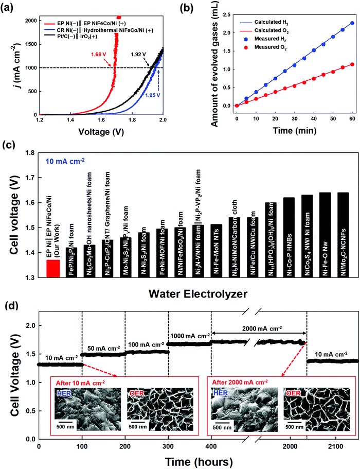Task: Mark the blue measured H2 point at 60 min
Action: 352,23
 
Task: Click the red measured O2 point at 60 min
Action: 352,64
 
